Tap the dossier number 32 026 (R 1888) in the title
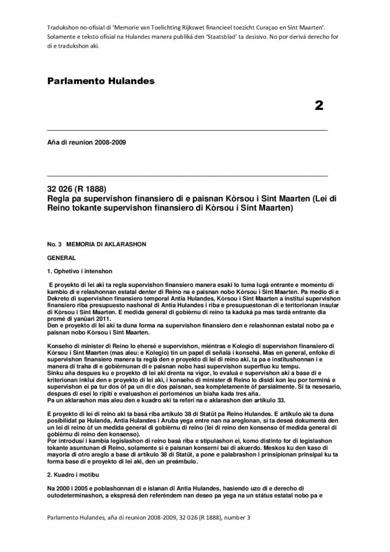point(78,189)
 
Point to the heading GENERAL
point(61,258)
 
